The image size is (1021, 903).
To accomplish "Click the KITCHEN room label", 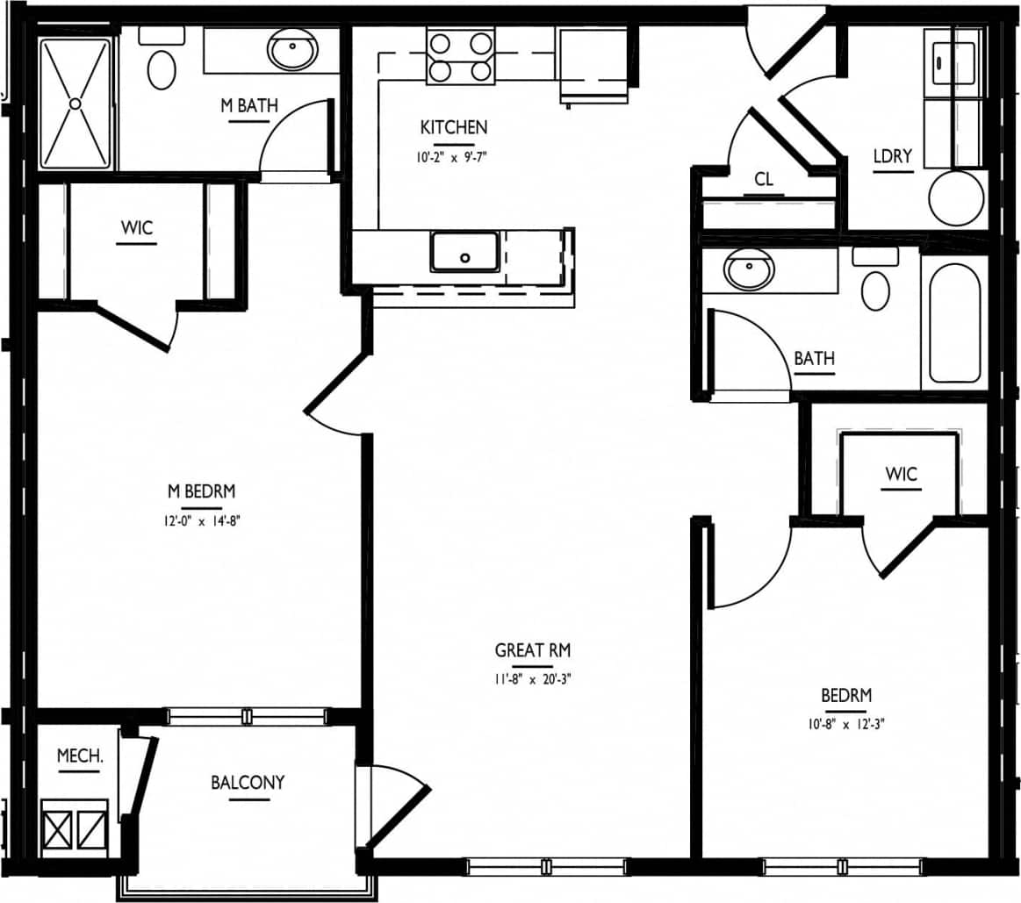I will click(x=453, y=127).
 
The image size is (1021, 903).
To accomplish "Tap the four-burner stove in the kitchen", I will click(x=459, y=56).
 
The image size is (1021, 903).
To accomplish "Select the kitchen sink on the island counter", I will click(x=464, y=251).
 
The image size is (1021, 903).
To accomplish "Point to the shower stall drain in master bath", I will click(x=75, y=104).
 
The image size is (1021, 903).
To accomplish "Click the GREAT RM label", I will click(x=533, y=650).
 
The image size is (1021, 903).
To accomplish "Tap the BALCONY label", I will click(x=248, y=782).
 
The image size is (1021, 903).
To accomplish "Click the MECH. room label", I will click(x=80, y=756).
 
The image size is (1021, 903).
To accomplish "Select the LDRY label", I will click(x=892, y=157).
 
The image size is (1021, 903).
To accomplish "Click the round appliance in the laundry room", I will click(x=956, y=198).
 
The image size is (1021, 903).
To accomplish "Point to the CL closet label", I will click(x=764, y=179).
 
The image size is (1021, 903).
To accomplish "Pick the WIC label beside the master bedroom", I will click(x=137, y=228).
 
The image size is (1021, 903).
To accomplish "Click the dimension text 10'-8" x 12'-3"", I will click(x=846, y=725).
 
